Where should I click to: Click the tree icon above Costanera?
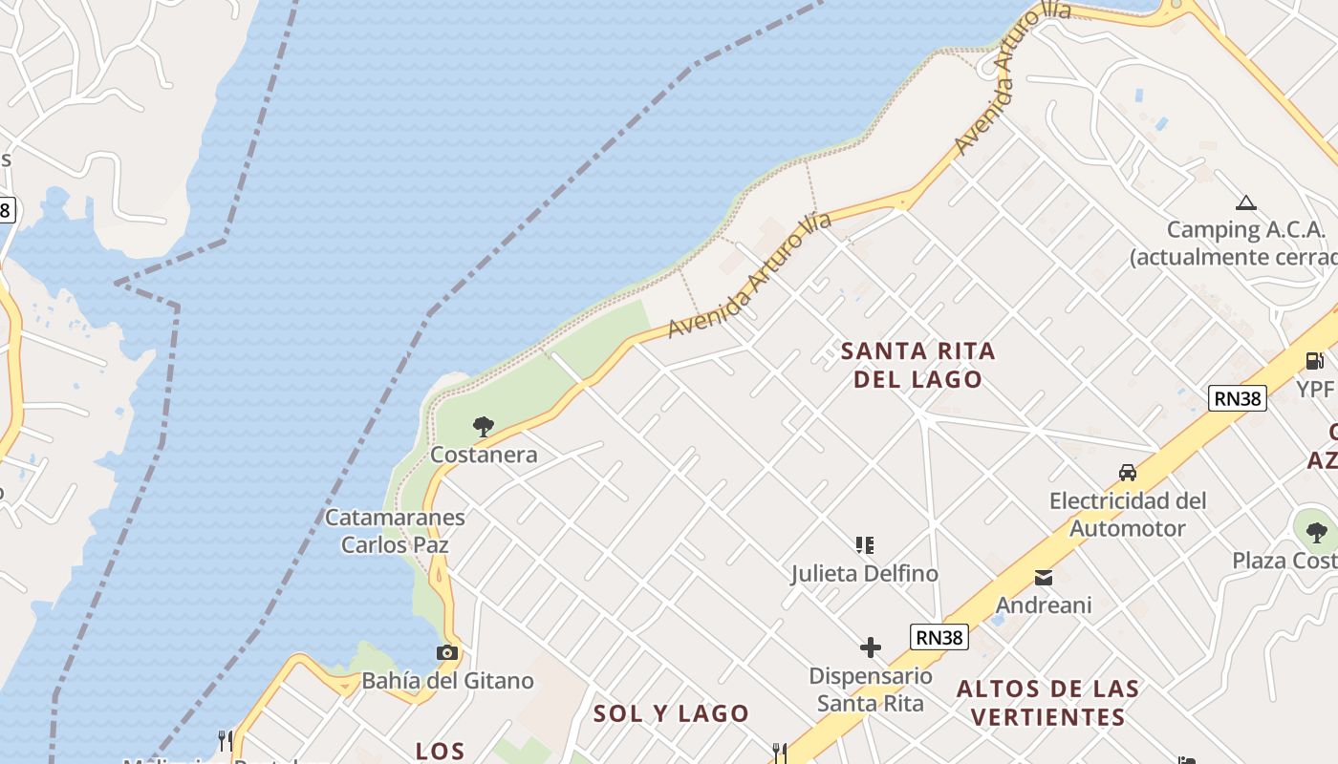484,426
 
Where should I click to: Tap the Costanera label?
484,455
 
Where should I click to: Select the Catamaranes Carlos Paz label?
395,531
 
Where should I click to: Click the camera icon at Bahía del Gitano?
446,653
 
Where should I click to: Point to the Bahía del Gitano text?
447,681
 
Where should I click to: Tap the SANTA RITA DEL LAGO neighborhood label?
917,365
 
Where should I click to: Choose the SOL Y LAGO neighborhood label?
671,713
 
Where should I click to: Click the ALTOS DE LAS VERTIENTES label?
1047,702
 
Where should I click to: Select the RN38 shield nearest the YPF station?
1238,398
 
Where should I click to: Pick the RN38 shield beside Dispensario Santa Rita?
939,637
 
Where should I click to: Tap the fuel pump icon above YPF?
1315,361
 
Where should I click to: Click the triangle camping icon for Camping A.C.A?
1244,202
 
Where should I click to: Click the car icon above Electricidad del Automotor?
1128,472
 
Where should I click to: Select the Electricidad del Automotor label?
1128,514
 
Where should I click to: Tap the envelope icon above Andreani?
1043,578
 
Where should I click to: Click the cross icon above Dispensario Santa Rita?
870,648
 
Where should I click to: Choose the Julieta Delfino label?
864,573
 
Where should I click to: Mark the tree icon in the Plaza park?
1316,532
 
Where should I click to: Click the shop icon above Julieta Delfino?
864,545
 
